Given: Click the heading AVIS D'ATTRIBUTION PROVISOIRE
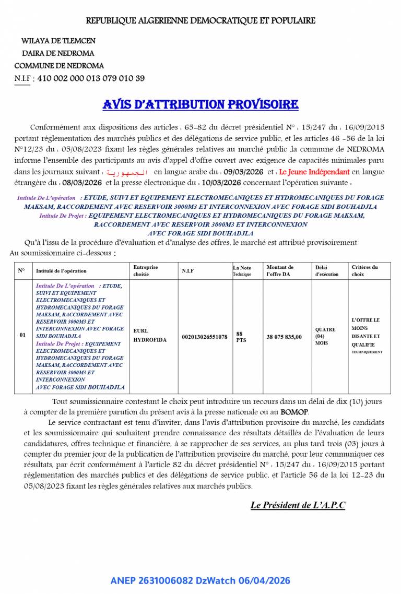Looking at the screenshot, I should click(200, 104).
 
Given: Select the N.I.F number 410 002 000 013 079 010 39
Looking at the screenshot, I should click(91, 79).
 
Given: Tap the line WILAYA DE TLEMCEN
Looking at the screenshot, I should click(58, 41).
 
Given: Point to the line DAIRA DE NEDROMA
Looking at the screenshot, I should click(58, 53).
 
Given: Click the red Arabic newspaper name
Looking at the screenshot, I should click(127, 172).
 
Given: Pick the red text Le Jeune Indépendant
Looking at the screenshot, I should click(314, 172).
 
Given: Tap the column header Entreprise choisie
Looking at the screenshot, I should click(145, 270).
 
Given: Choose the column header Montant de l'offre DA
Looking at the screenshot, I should click(280, 270).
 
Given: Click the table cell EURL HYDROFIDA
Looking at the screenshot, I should click(150, 336).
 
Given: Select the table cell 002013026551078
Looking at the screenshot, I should click(204, 337).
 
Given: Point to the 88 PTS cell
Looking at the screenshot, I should click(241, 336).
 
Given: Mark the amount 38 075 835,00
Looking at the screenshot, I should click(284, 337).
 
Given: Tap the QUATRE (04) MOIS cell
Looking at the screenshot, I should click(325, 336).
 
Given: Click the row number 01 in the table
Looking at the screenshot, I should click(22, 335).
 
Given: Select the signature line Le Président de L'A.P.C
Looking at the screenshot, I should click(298, 505).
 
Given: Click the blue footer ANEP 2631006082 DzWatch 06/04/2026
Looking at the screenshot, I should click(200, 580).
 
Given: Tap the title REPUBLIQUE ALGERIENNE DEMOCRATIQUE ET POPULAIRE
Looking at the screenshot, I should click(200, 21).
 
